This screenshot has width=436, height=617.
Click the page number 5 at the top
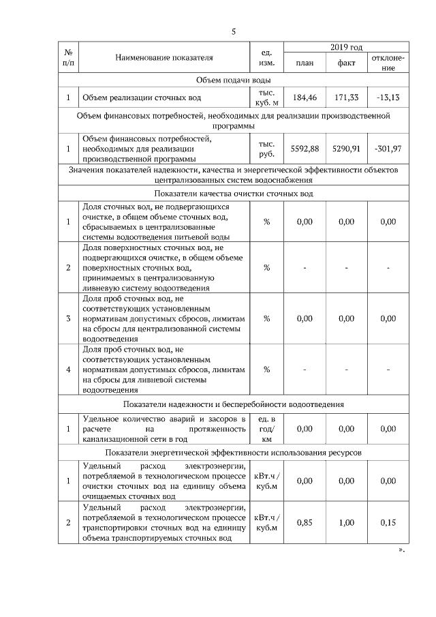pos(233,32)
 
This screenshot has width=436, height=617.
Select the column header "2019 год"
pos(346,47)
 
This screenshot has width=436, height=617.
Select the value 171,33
pos(346,98)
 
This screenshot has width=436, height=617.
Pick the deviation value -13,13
pos(388,98)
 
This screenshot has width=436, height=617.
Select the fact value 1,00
pos(346,523)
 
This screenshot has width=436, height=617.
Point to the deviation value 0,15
pos(388,523)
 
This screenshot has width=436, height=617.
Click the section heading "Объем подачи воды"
pos(233,80)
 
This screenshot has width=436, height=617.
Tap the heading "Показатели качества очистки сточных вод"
pos(233,194)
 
